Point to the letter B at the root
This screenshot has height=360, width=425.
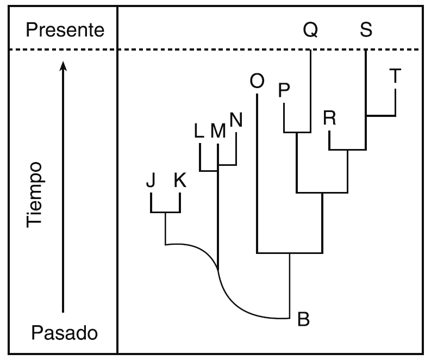click(x=303, y=320)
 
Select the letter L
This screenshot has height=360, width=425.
click(x=199, y=131)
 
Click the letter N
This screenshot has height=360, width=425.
click(x=236, y=119)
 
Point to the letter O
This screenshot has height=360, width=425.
click(x=256, y=81)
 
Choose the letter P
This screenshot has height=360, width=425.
click(x=284, y=91)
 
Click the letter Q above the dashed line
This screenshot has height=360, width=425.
click(x=310, y=30)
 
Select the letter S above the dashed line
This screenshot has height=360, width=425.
click(x=366, y=30)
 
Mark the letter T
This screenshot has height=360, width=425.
click(x=395, y=77)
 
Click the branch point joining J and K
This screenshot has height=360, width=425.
click(x=165, y=212)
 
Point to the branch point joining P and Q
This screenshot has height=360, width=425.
click(x=297, y=132)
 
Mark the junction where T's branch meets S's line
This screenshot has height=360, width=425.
click(x=366, y=116)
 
